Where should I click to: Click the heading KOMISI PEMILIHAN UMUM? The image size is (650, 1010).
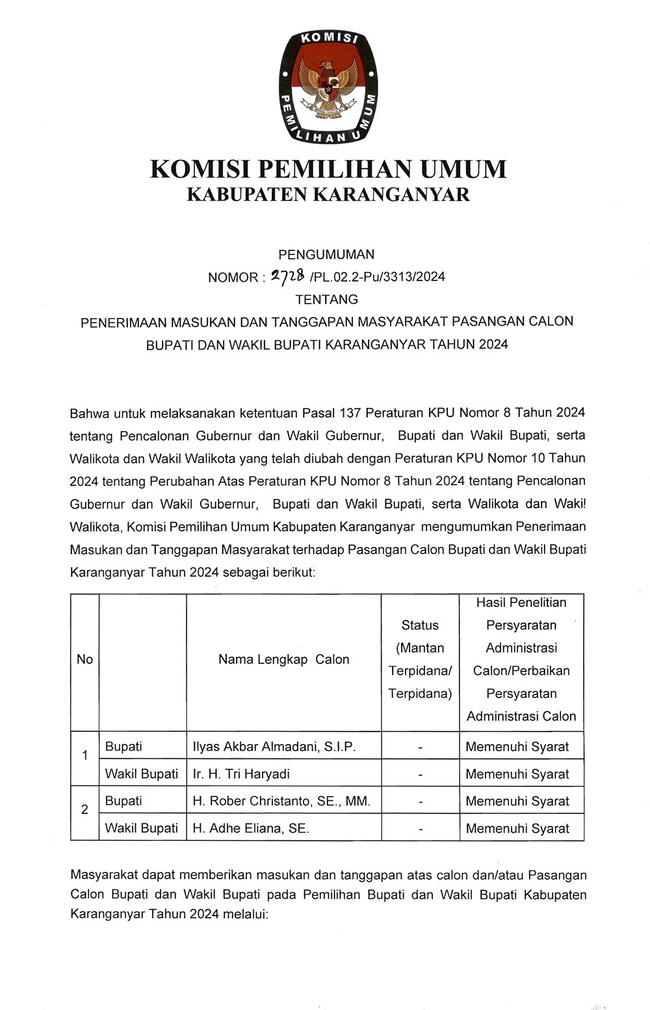click(x=328, y=169)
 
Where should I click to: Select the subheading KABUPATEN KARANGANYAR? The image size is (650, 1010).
click(x=328, y=194)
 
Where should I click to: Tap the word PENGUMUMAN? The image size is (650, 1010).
click(x=326, y=254)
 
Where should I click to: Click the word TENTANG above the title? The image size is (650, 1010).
click(x=326, y=299)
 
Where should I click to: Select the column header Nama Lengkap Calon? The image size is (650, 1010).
click(x=283, y=659)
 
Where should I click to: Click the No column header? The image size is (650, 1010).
click(x=84, y=659)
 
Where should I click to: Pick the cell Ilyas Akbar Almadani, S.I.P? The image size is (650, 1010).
click(x=274, y=747)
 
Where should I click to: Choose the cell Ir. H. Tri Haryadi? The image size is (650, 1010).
click(x=241, y=774)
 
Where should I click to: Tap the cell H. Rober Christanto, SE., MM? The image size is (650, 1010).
click(x=281, y=801)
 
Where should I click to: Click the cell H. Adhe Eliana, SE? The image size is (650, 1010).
click(x=251, y=829)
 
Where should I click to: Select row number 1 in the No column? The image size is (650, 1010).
click(x=84, y=756)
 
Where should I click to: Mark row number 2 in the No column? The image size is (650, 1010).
click(x=84, y=810)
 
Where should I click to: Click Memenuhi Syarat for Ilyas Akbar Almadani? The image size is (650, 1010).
click(x=517, y=747)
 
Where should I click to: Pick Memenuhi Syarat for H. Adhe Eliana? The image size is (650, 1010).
click(x=517, y=829)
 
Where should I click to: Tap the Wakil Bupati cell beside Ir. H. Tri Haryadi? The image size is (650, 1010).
click(x=142, y=774)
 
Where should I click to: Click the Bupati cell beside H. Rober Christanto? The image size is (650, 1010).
click(x=123, y=801)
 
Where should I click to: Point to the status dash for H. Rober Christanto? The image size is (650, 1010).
click(x=421, y=803)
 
